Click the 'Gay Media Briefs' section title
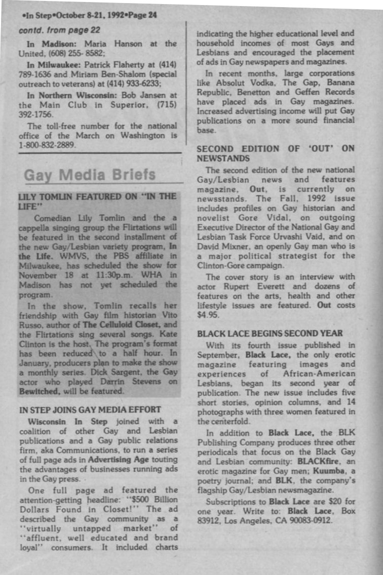[90, 175]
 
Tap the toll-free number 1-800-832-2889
[47, 145]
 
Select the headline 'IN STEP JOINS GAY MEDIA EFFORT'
[90, 409]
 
